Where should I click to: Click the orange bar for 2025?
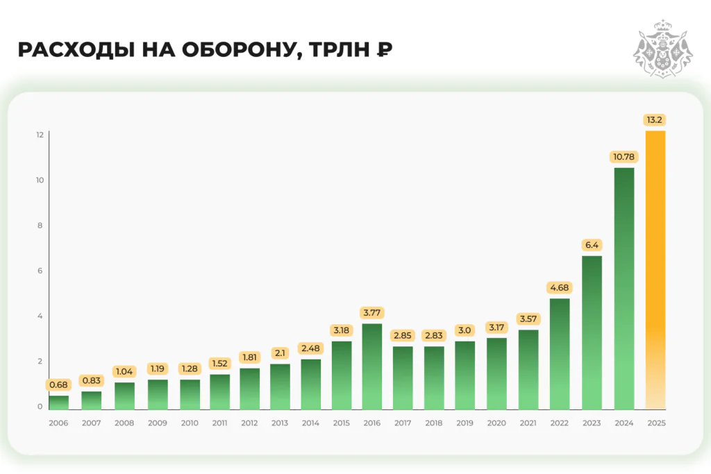click(655, 270)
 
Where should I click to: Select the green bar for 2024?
click(624, 288)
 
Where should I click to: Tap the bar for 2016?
click(371, 366)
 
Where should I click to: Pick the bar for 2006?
click(59, 402)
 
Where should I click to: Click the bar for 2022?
click(560, 353)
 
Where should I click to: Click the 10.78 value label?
click(624, 157)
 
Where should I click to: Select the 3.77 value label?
click(372, 312)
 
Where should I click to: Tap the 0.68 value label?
click(59, 384)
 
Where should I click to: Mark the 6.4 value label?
click(592, 245)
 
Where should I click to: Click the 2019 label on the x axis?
click(465, 423)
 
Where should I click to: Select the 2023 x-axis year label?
click(592, 423)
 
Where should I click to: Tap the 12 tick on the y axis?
click(40, 135)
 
